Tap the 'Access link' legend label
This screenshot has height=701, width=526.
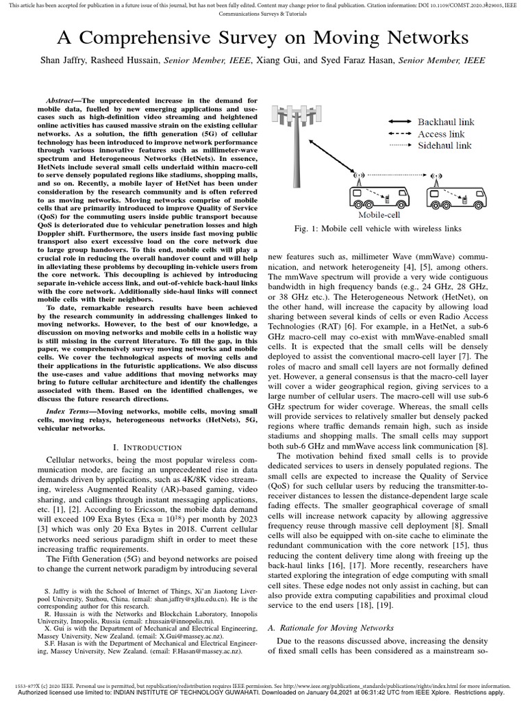click(441, 133)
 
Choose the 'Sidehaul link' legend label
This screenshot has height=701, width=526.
click(444, 145)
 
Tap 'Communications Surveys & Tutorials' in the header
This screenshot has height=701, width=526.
click(262, 14)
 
